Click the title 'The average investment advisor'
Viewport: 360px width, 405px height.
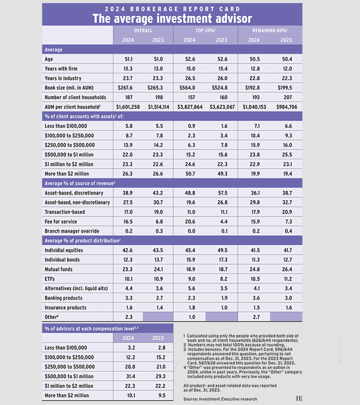click(172, 18)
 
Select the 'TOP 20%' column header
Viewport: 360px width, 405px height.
click(205, 30)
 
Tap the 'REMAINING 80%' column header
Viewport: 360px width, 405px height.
click(270, 30)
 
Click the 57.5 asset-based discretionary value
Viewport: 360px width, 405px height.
click(221, 193)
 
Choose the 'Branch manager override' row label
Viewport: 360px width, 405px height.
click(72, 231)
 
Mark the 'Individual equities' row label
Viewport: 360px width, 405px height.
click(64, 250)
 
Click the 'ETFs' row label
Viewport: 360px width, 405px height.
click(50, 279)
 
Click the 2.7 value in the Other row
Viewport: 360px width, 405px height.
click(254, 317)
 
